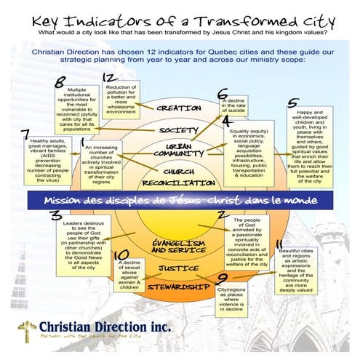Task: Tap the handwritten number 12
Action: pyautogui.click(x=109, y=77)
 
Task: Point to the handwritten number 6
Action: pyautogui.click(x=223, y=94)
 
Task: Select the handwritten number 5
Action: pyautogui.click(x=293, y=103)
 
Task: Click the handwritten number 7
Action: pyautogui.click(x=27, y=134)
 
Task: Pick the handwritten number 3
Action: pyautogui.click(x=55, y=215)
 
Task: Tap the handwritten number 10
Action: pyautogui.click(x=122, y=255)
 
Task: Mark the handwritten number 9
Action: pyautogui.click(x=222, y=277)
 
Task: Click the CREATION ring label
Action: pyautogui.click(x=178, y=108)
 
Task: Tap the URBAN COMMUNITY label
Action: pyautogui.click(x=178, y=150)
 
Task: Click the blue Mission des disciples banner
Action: pyautogui.click(x=178, y=199)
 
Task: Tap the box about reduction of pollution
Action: pyautogui.click(x=121, y=100)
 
